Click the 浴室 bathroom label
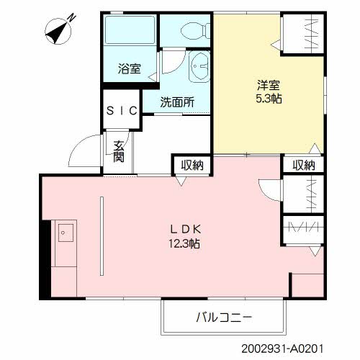point(129,70)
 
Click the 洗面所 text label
point(177,102)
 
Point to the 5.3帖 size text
point(268,98)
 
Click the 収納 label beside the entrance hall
point(192,165)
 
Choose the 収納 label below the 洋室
point(303,165)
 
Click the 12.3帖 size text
point(186,243)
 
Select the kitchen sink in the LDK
point(65,233)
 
